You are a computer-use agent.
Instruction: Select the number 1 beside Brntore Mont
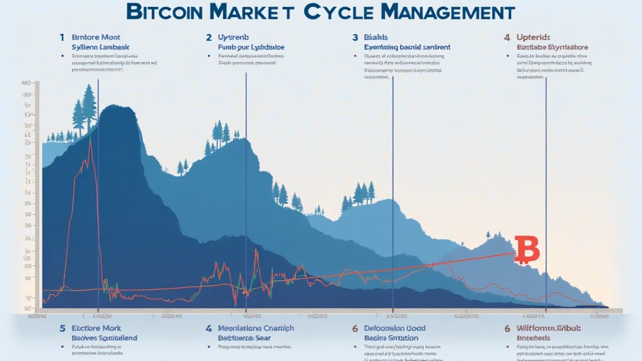62,38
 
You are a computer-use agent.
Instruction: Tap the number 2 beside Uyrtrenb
209,38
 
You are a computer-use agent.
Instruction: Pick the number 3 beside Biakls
355,38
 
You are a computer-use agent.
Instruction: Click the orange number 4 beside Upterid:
506,38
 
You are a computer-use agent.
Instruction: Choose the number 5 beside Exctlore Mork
62,328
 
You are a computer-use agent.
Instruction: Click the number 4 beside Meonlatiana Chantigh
209,328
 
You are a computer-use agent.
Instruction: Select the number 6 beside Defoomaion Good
355,328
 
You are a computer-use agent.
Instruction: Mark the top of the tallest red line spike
91,139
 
